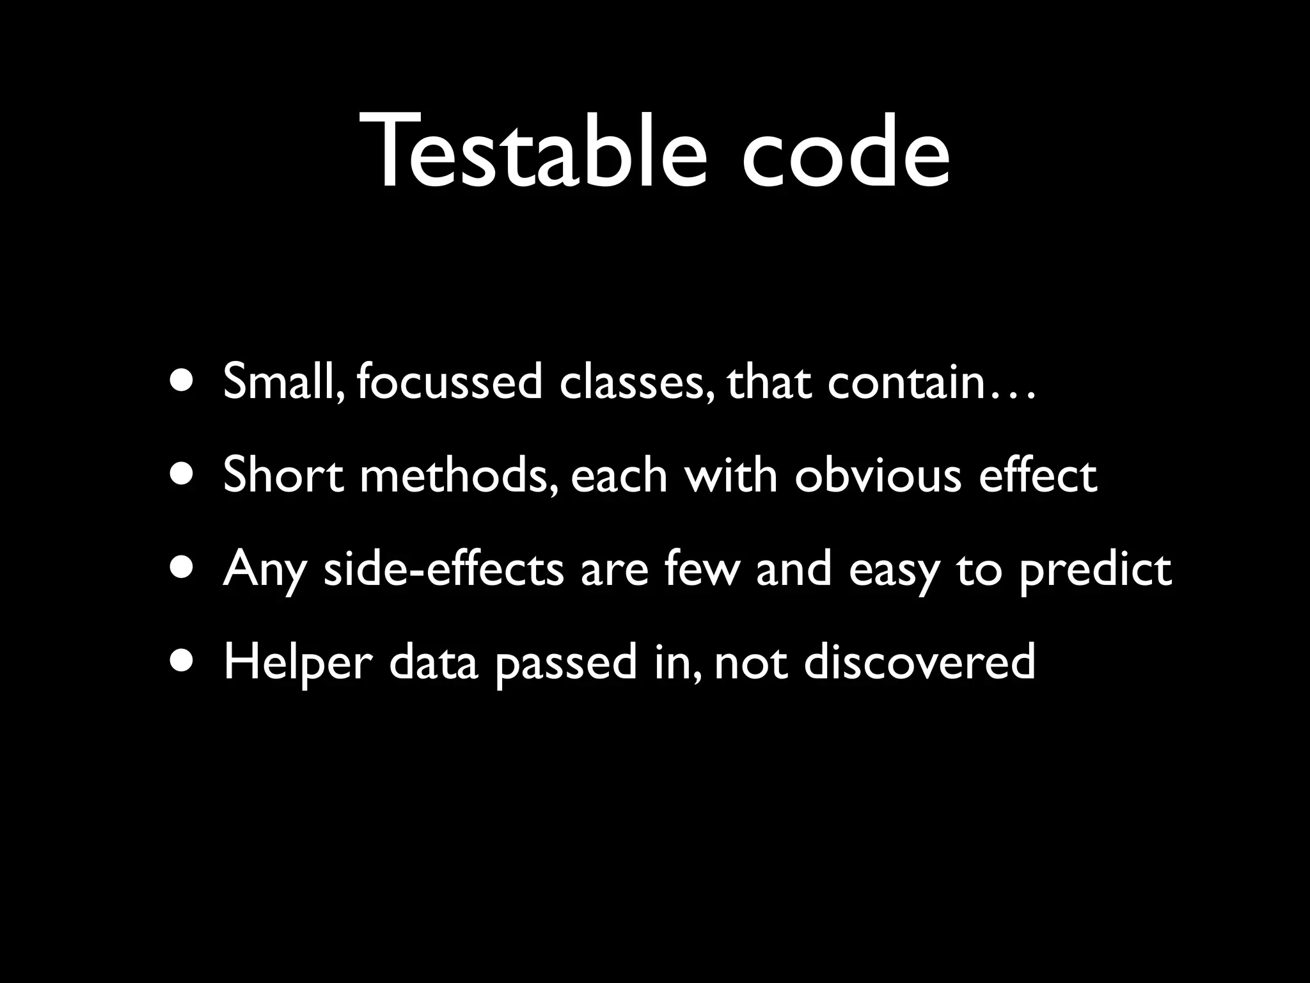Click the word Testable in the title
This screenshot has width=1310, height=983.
point(536,152)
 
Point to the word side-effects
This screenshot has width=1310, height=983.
point(444,569)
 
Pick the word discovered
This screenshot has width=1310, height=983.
point(919,663)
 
